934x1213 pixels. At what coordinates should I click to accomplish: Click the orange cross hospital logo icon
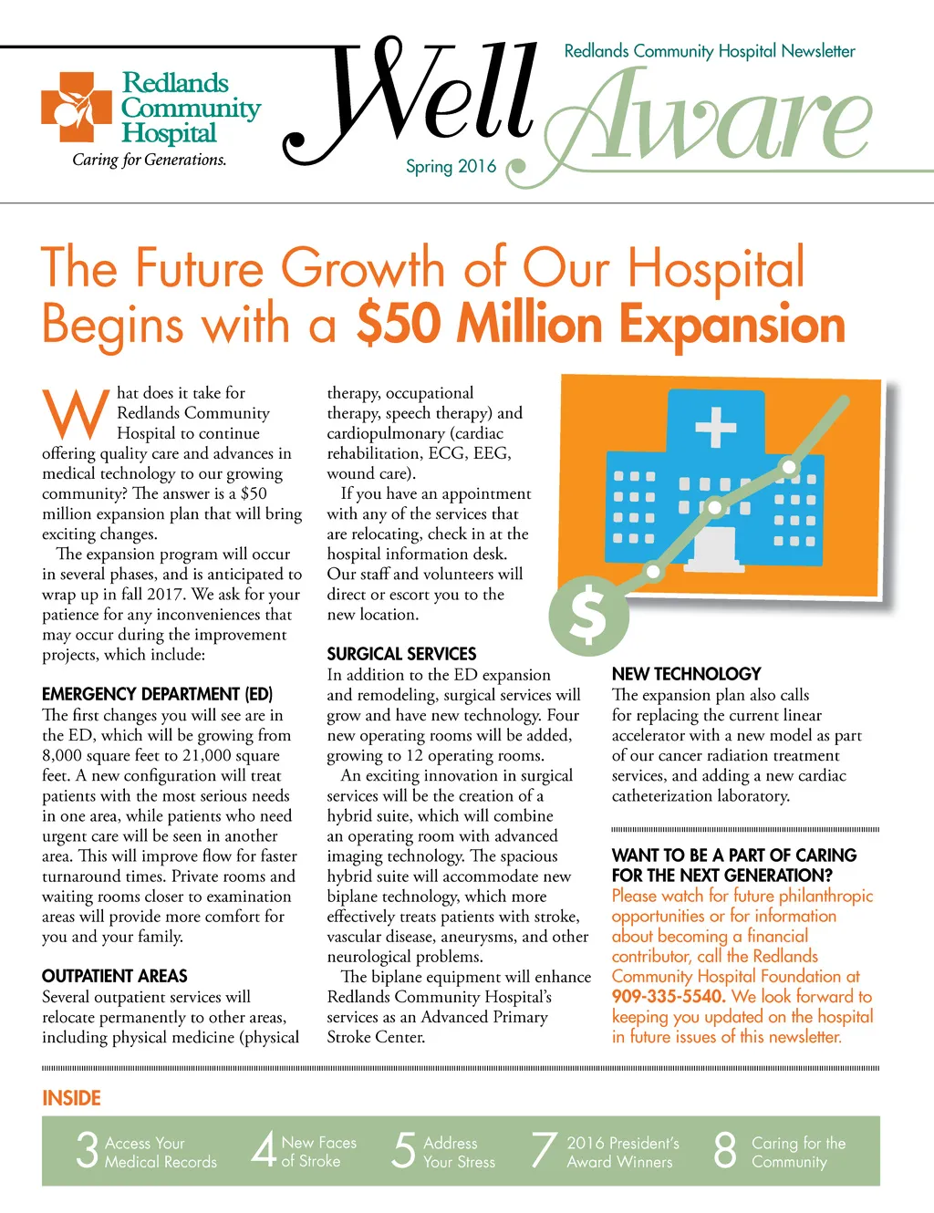[77, 108]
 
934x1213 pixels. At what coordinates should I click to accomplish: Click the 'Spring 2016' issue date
[451, 166]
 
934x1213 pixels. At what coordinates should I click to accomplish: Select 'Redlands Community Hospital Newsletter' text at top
[710, 51]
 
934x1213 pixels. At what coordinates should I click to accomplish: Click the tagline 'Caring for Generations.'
[150, 160]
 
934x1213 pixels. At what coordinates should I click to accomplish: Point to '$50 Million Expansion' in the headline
[600, 324]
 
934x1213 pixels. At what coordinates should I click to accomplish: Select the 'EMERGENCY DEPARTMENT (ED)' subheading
[157, 694]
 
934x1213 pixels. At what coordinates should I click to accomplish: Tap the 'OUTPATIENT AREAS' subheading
[115, 976]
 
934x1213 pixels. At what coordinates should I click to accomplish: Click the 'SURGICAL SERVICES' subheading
[401, 654]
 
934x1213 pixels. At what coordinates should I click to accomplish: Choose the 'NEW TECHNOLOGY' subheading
[686, 674]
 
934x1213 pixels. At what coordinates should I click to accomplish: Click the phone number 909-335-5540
[668, 996]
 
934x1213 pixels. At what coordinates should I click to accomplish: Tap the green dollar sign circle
[589, 614]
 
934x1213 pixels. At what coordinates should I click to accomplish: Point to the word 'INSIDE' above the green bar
[71, 1098]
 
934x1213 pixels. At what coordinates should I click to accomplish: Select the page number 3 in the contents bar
[87, 1150]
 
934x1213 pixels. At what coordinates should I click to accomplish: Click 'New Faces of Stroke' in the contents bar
[318, 1151]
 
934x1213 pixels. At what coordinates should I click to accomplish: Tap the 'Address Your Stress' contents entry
[459, 1152]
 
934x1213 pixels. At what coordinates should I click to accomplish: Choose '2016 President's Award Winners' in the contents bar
[622, 1152]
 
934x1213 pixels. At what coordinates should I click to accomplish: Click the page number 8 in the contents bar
[725, 1150]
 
